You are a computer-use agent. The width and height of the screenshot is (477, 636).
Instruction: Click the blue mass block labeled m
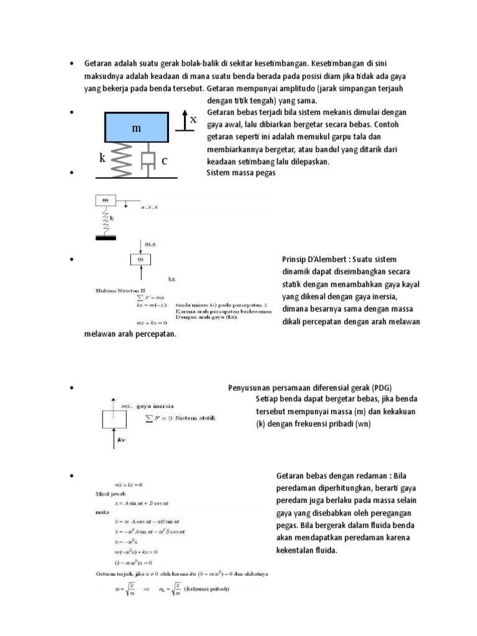137,127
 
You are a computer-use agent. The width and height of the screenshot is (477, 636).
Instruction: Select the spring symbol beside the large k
122,158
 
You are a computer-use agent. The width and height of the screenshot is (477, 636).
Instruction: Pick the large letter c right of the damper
165,161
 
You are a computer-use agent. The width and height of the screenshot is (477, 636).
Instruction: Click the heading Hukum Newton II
112,289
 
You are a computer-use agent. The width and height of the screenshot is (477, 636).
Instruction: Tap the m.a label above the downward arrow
150,244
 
